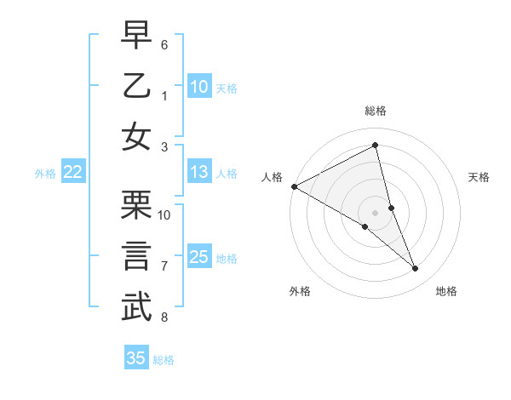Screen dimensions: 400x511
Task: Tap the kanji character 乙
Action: click(x=137, y=87)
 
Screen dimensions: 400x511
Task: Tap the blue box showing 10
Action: click(x=199, y=87)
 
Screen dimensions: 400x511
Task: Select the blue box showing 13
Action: click(x=199, y=172)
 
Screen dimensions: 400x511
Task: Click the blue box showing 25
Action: click(x=199, y=257)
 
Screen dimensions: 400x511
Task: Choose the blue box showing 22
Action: click(x=73, y=172)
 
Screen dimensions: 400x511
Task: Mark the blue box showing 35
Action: click(x=136, y=358)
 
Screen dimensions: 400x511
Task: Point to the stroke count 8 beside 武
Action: click(x=164, y=317)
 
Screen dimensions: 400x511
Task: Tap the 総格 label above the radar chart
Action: click(x=375, y=111)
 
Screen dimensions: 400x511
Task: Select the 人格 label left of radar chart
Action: click(x=273, y=177)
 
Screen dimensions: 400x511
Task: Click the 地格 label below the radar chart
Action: click(x=446, y=291)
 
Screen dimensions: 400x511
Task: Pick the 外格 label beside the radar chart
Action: click(x=300, y=291)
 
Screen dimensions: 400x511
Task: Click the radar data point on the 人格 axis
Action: click(x=294, y=186)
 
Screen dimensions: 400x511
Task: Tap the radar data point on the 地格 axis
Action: click(x=416, y=269)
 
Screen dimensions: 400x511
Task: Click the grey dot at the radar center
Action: click(x=375, y=212)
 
